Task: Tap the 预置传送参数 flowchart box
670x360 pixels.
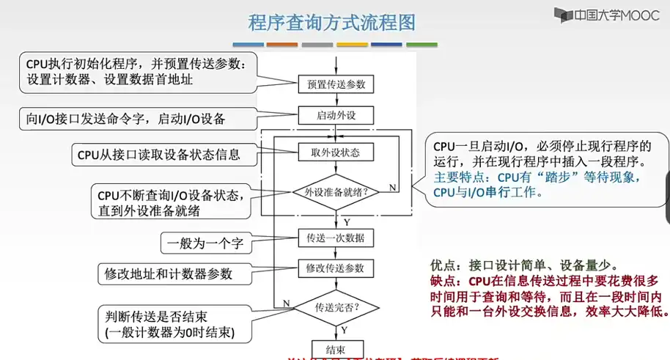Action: (x=336, y=84)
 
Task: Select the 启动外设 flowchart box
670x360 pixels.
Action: (x=336, y=116)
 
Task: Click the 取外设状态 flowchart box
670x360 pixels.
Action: (x=336, y=153)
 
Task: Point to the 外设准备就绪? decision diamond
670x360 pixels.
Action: (x=336, y=192)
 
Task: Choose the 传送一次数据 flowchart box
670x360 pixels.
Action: (x=336, y=238)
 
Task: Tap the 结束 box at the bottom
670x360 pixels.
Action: (x=336, y=349)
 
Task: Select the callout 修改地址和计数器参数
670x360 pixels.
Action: (x=169, y=273)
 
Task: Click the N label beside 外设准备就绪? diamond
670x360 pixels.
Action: (x=392, y=188)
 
